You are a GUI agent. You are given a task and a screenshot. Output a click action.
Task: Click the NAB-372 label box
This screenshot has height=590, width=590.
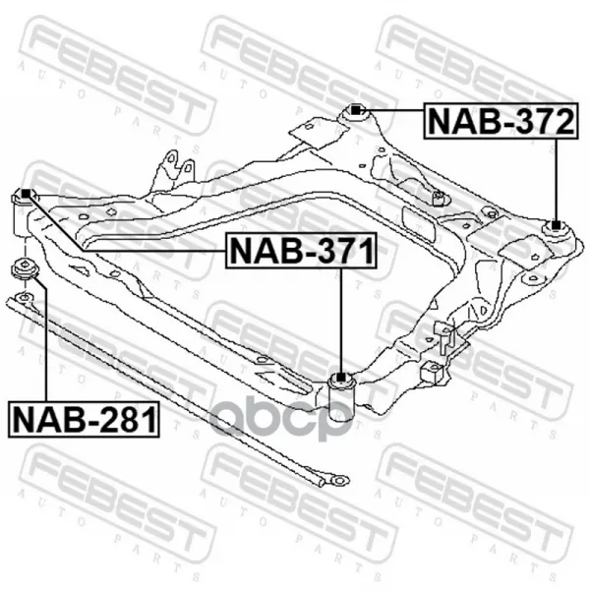(501, 121)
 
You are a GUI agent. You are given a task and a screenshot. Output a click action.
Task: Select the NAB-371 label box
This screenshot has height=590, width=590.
(301, 251)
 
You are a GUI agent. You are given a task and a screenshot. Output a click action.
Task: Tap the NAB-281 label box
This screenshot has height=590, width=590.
(84, 420)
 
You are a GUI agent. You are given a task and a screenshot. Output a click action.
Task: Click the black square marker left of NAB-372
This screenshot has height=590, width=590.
(356, 110)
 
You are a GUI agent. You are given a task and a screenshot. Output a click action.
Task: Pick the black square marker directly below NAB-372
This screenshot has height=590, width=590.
(556, 225)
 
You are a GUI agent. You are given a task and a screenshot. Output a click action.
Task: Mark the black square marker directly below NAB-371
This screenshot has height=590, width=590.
(340, 377)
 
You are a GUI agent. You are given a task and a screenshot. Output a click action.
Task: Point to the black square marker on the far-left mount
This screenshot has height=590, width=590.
(26, 194)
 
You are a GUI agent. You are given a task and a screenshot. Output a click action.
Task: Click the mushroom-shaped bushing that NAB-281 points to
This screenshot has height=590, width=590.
(24, 269)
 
